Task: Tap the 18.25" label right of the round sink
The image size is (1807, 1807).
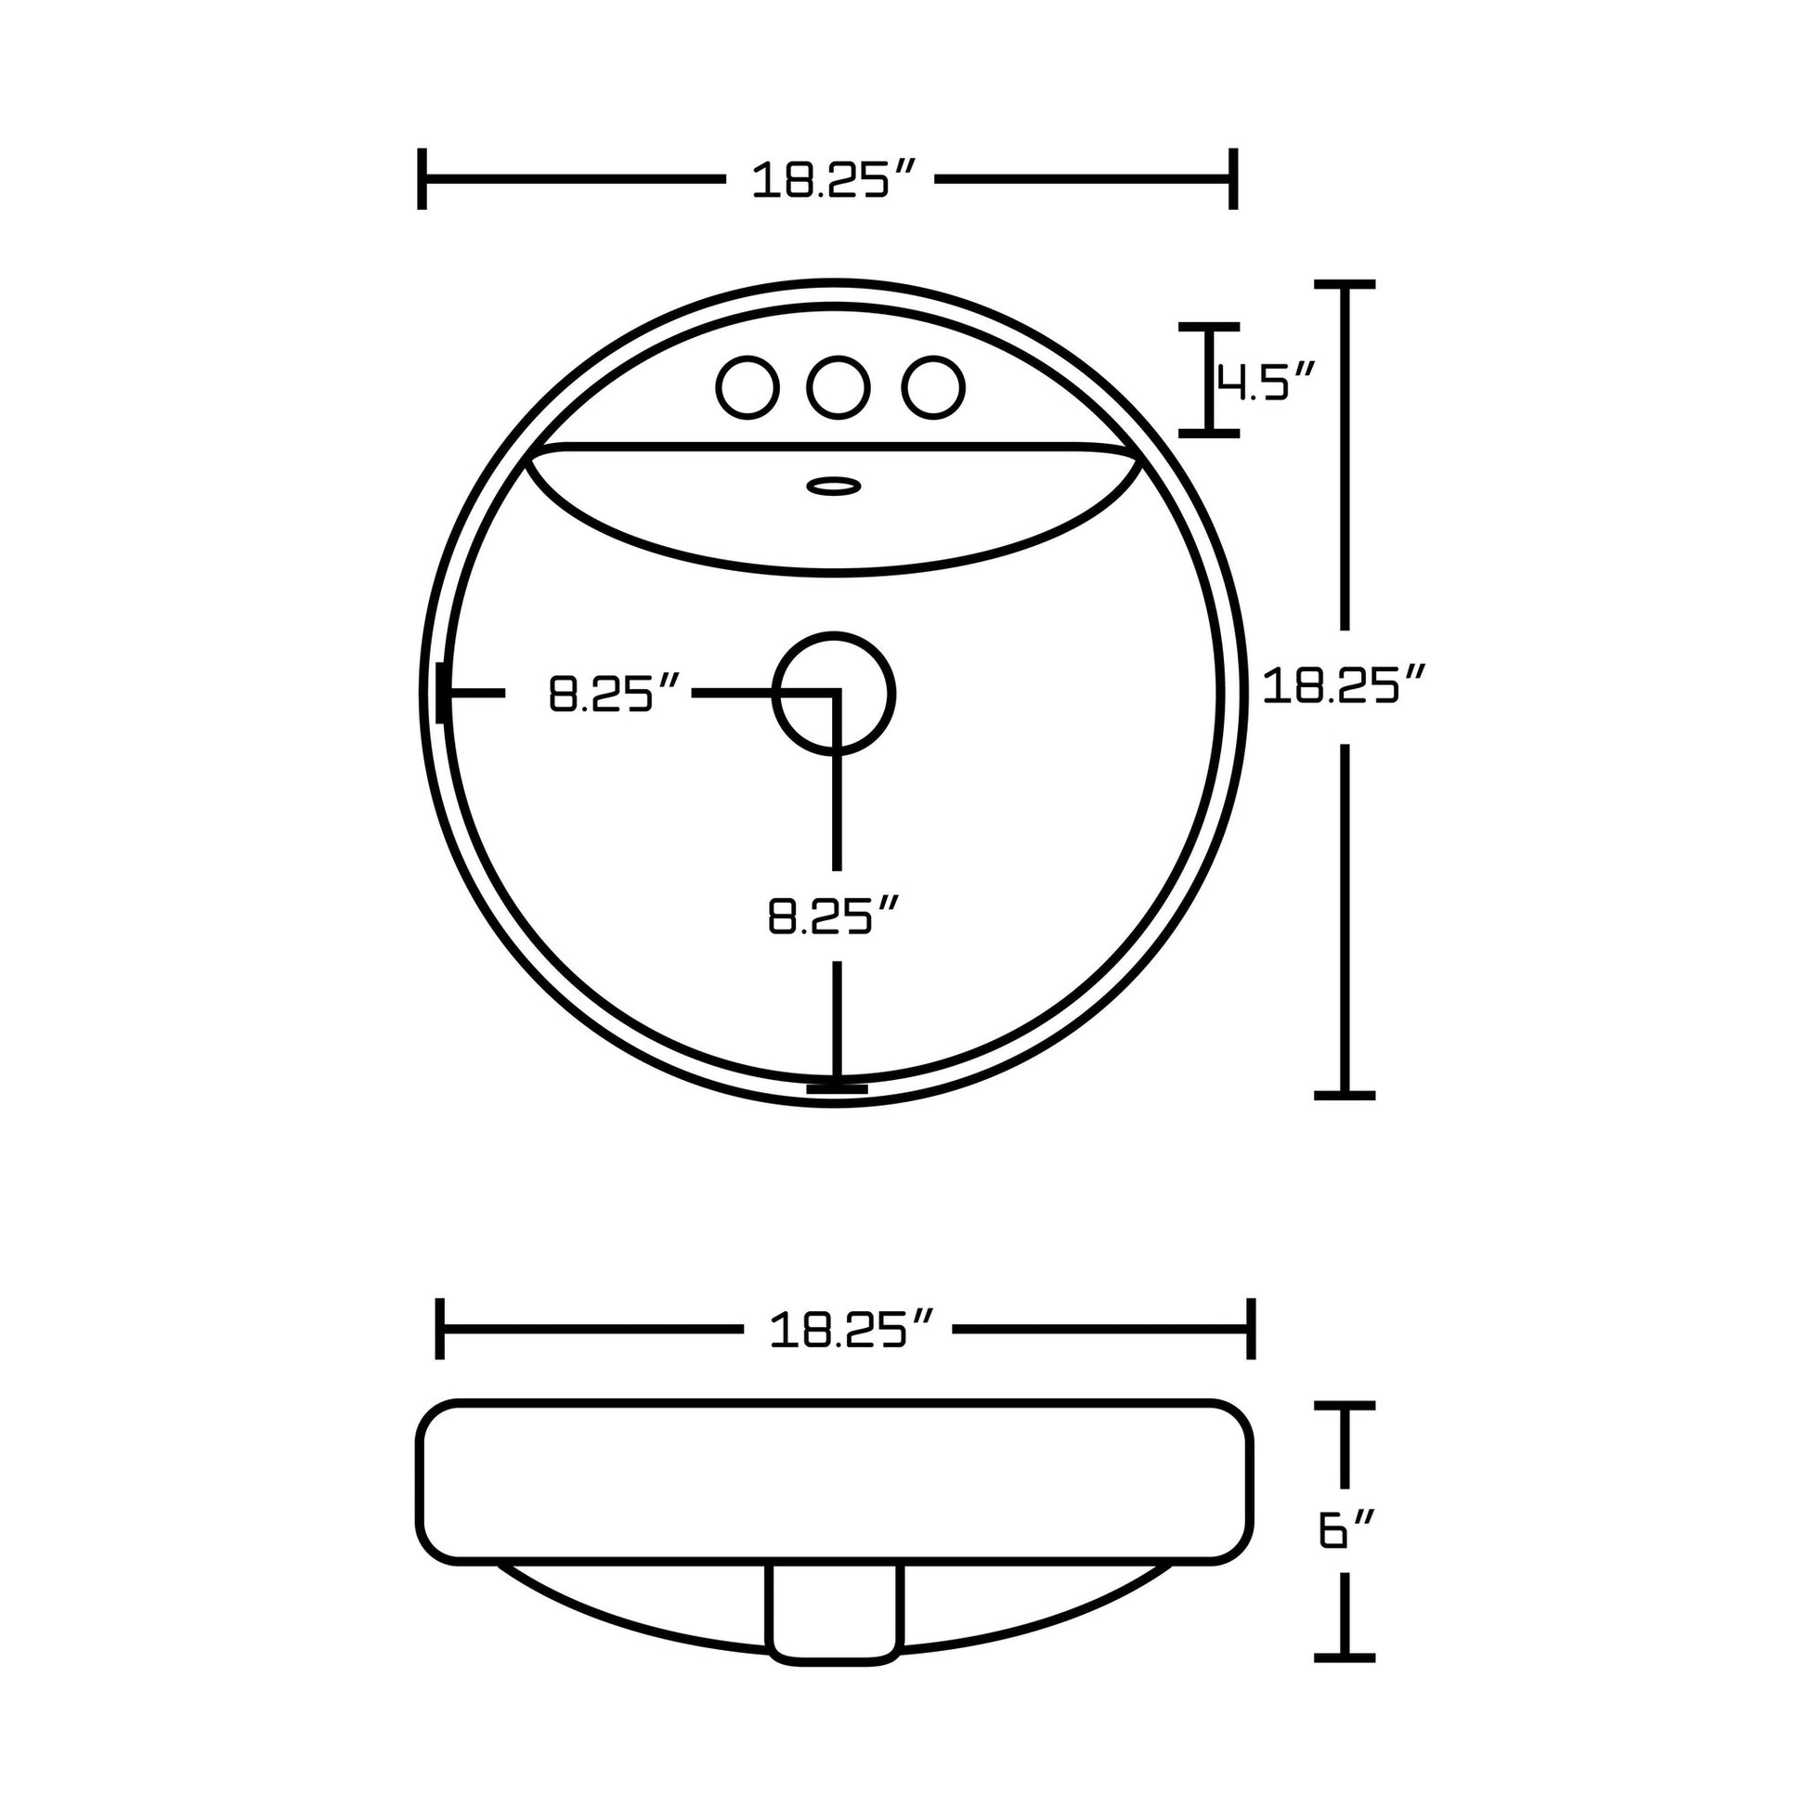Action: coord(1343,685)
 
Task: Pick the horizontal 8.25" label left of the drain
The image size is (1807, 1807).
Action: coord(614,693)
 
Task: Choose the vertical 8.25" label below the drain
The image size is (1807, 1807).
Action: coord(833,915)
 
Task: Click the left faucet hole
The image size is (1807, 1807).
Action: coord(747,386)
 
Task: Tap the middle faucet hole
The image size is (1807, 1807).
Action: coord(838,386)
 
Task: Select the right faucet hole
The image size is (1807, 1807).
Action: coord(933,386)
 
